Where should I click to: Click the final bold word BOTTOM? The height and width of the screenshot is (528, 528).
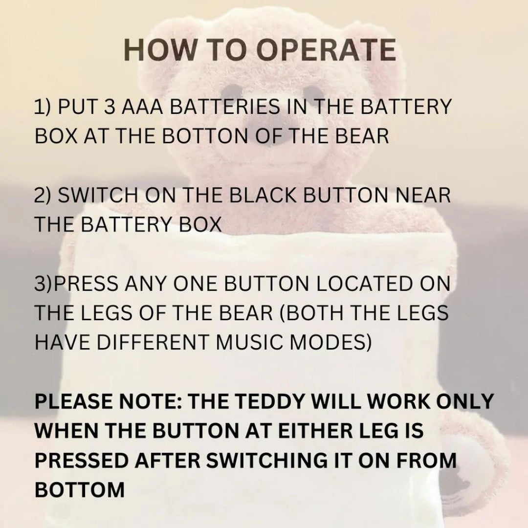[x=80, y=490]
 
